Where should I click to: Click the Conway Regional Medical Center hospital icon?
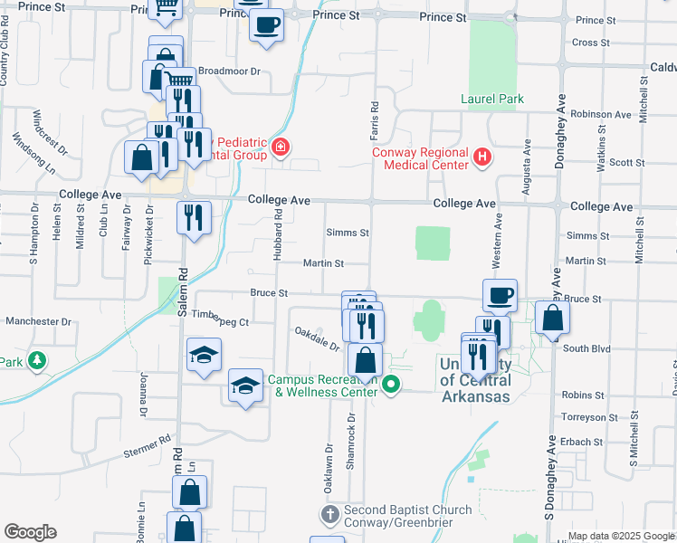[x=482, y=158]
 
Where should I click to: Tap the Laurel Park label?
[x=492, y=99]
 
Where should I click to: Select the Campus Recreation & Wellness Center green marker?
[x=391, y=386]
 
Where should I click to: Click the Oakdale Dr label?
[x=317, y=340]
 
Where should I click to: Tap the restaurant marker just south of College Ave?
[x=194, y=218]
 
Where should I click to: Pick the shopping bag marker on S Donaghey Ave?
[x=551, y=319]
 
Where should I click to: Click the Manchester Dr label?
[x=38, y=321]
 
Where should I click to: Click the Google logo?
[x=30, y=532]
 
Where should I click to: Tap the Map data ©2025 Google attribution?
[x=621, y=536]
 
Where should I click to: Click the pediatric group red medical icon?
[x=281, y=147]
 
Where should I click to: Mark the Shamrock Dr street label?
[x=349, y=446]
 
